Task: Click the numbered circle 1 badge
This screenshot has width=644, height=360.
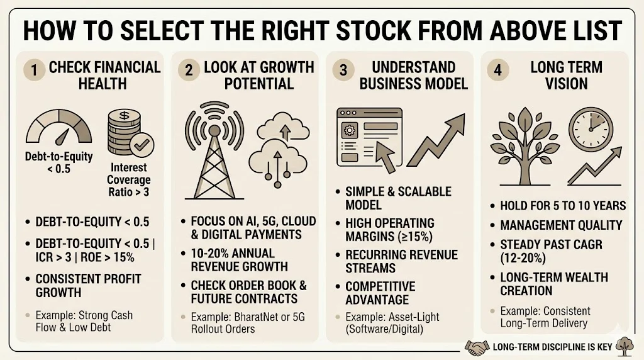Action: (x=35, y=70)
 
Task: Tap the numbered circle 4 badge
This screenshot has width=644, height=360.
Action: (x=498, y=70)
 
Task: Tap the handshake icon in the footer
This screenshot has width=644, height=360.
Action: (x=476, y=346)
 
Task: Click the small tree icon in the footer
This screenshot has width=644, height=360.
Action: (x=626, y=345)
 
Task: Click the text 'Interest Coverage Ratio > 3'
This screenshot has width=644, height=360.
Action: (x=128, y=180)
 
